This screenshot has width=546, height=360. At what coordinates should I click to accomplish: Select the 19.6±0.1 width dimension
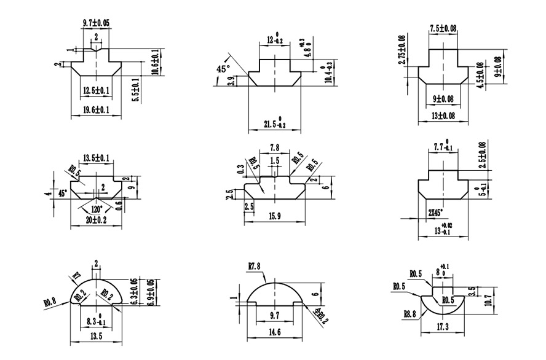(x=95, y=110)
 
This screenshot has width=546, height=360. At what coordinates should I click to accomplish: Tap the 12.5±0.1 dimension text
(x=96, y=91)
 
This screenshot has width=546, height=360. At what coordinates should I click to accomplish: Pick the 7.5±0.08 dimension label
(x=443, y=28)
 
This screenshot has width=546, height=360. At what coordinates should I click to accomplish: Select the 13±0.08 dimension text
(x=443, y=116)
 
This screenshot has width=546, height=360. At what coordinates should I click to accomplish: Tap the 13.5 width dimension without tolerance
(x=97, y=337)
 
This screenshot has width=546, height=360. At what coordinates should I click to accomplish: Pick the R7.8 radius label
(x=256, y=266)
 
